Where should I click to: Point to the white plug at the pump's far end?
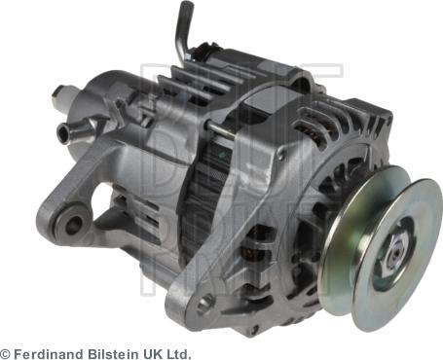coord(60,94)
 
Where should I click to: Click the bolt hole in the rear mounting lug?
coord(73,227)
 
